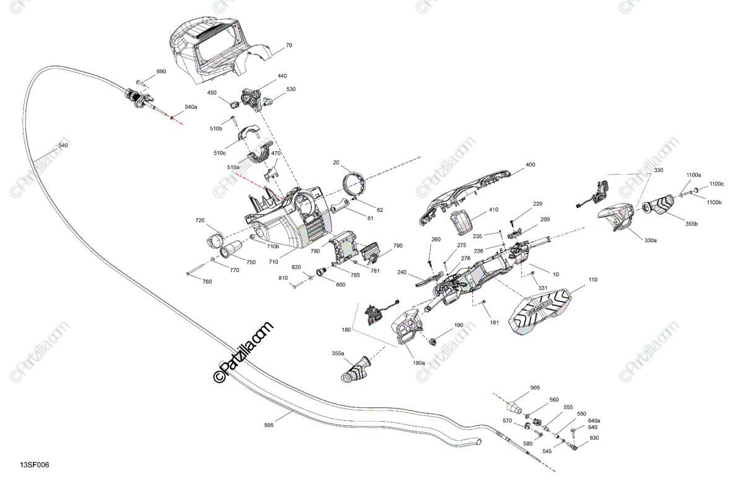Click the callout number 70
(289, 45)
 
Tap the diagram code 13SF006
(35, 465)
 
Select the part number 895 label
(269, 425)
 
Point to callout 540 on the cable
(63, 145)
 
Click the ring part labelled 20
(353, 184)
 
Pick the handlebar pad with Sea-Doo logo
(541, 311)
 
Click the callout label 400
(531, 165)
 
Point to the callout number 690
(161, 71)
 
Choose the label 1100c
(716, 184)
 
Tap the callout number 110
(593, 280)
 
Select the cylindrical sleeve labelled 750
(232, 249)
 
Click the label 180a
(419, 363)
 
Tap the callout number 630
(594, 438)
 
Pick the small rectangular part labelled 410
(461, 224)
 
